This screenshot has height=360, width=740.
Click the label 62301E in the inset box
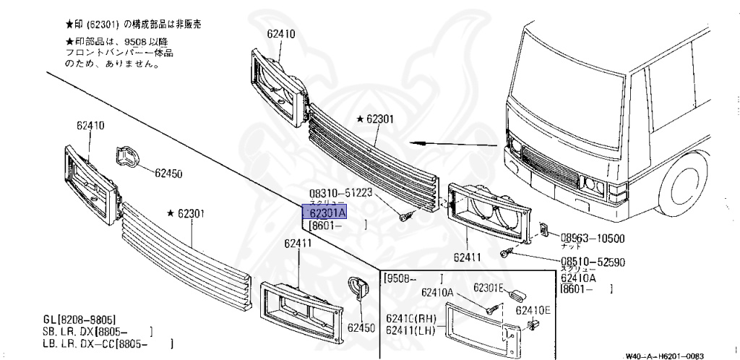tap(490, 288)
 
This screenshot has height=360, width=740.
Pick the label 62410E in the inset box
tap(533, 310)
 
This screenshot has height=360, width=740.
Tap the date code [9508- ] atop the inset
tap(414, 278)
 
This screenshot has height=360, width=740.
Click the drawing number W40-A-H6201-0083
tap(664, 356)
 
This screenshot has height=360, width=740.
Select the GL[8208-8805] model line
tap(79, 319)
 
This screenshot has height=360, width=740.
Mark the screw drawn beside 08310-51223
tap(406, 215)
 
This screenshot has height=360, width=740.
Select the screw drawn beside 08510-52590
tap(507, 252)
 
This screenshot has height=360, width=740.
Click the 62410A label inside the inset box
tap(438, 293)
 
